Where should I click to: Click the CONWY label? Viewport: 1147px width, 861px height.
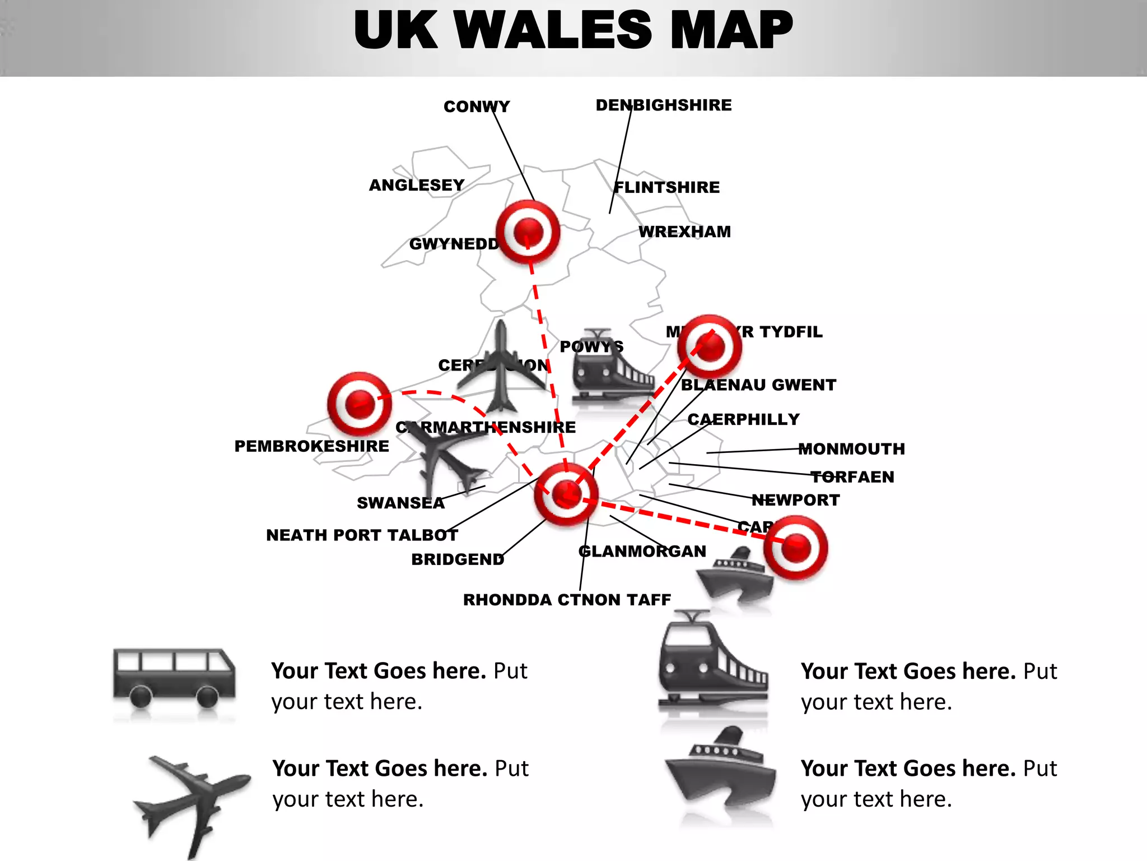click(477, 107)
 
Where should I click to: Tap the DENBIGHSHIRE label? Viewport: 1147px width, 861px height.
click(664, 105)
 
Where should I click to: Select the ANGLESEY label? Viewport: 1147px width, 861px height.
click(417, 185)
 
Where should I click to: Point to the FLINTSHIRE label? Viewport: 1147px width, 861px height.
click(667, 187)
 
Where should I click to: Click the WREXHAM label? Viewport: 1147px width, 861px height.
click(685, 232)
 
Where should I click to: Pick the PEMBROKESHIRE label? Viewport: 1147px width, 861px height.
click(311, 446)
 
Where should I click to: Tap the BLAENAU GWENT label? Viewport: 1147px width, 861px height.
click(758, 385)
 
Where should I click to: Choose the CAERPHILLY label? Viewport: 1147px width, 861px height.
click(744, 419)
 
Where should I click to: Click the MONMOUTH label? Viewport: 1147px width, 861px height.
click(851, 449)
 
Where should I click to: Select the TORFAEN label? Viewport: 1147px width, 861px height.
click(852, 477)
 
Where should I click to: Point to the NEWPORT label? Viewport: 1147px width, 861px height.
click(796, 500)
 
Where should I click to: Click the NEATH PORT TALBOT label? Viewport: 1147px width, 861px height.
click(362, 535)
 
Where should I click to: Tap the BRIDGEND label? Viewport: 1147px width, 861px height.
click(458, 559)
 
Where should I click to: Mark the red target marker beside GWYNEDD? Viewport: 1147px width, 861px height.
click(528, 232)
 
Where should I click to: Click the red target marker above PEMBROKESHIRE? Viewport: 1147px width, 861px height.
click(360, 404)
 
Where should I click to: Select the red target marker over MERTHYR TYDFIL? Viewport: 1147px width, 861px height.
click(710, 346)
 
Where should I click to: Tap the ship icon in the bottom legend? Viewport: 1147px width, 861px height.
click(721, 774)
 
